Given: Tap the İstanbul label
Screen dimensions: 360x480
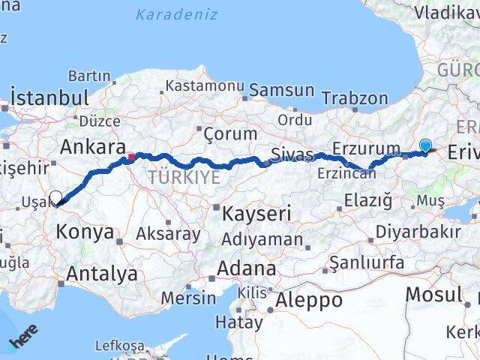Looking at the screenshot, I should point(49,97).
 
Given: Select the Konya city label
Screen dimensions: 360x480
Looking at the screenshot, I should point(85,232).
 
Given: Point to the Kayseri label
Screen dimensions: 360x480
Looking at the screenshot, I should point(256,214).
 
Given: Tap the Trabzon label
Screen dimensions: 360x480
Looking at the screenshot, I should point(355,98).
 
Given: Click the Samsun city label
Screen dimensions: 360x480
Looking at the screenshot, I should point(281,90).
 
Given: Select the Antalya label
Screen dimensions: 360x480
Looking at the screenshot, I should point(102,274).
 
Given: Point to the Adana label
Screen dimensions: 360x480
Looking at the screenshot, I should point(246,268).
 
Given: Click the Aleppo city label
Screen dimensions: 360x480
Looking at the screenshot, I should point(309,301).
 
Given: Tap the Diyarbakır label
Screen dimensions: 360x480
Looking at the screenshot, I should point(418,231).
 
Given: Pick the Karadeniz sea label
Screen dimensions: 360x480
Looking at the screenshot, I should point(177,14).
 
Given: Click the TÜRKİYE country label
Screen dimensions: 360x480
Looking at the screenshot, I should point(184,178).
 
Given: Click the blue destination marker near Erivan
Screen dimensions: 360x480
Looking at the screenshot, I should point(425,146).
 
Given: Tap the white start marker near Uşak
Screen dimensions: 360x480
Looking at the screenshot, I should point(56,198).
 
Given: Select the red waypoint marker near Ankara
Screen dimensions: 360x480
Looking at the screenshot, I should point(131,157).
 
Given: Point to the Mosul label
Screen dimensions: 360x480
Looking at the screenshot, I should point(433,294).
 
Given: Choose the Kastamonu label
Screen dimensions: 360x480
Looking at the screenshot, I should point(205,86).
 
